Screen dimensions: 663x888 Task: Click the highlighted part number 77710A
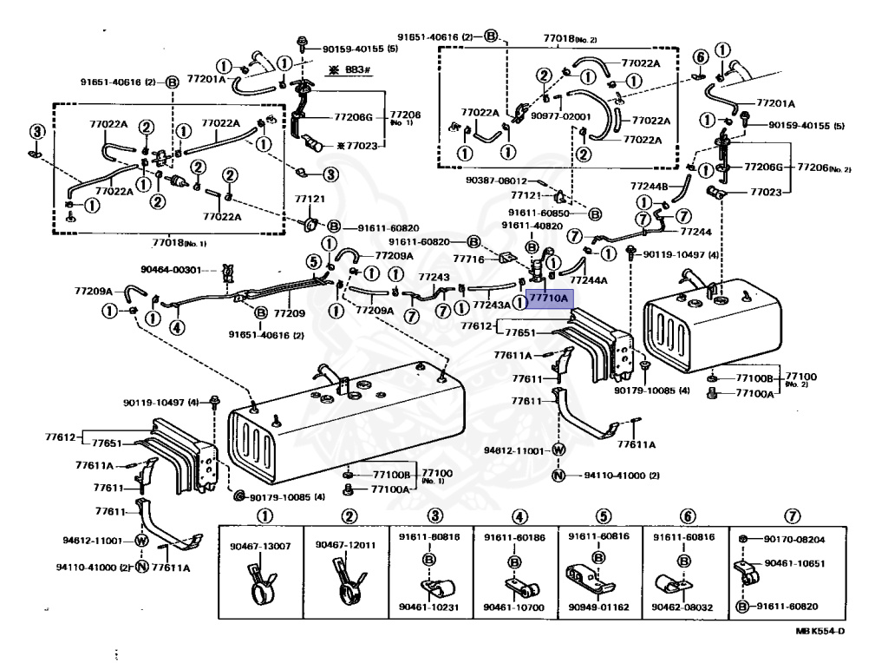click(x=548, y=299)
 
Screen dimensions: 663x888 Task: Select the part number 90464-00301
click(x=172, y=269)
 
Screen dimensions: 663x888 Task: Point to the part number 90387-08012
click(x=496, y=181)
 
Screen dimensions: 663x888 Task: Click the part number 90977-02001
click(x=561, y=115)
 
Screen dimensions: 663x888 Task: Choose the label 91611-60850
click(x=540, y=213)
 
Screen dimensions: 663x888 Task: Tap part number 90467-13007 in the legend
click(x=260, y=546)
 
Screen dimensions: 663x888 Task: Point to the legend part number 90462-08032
click(x=682, y=607)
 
